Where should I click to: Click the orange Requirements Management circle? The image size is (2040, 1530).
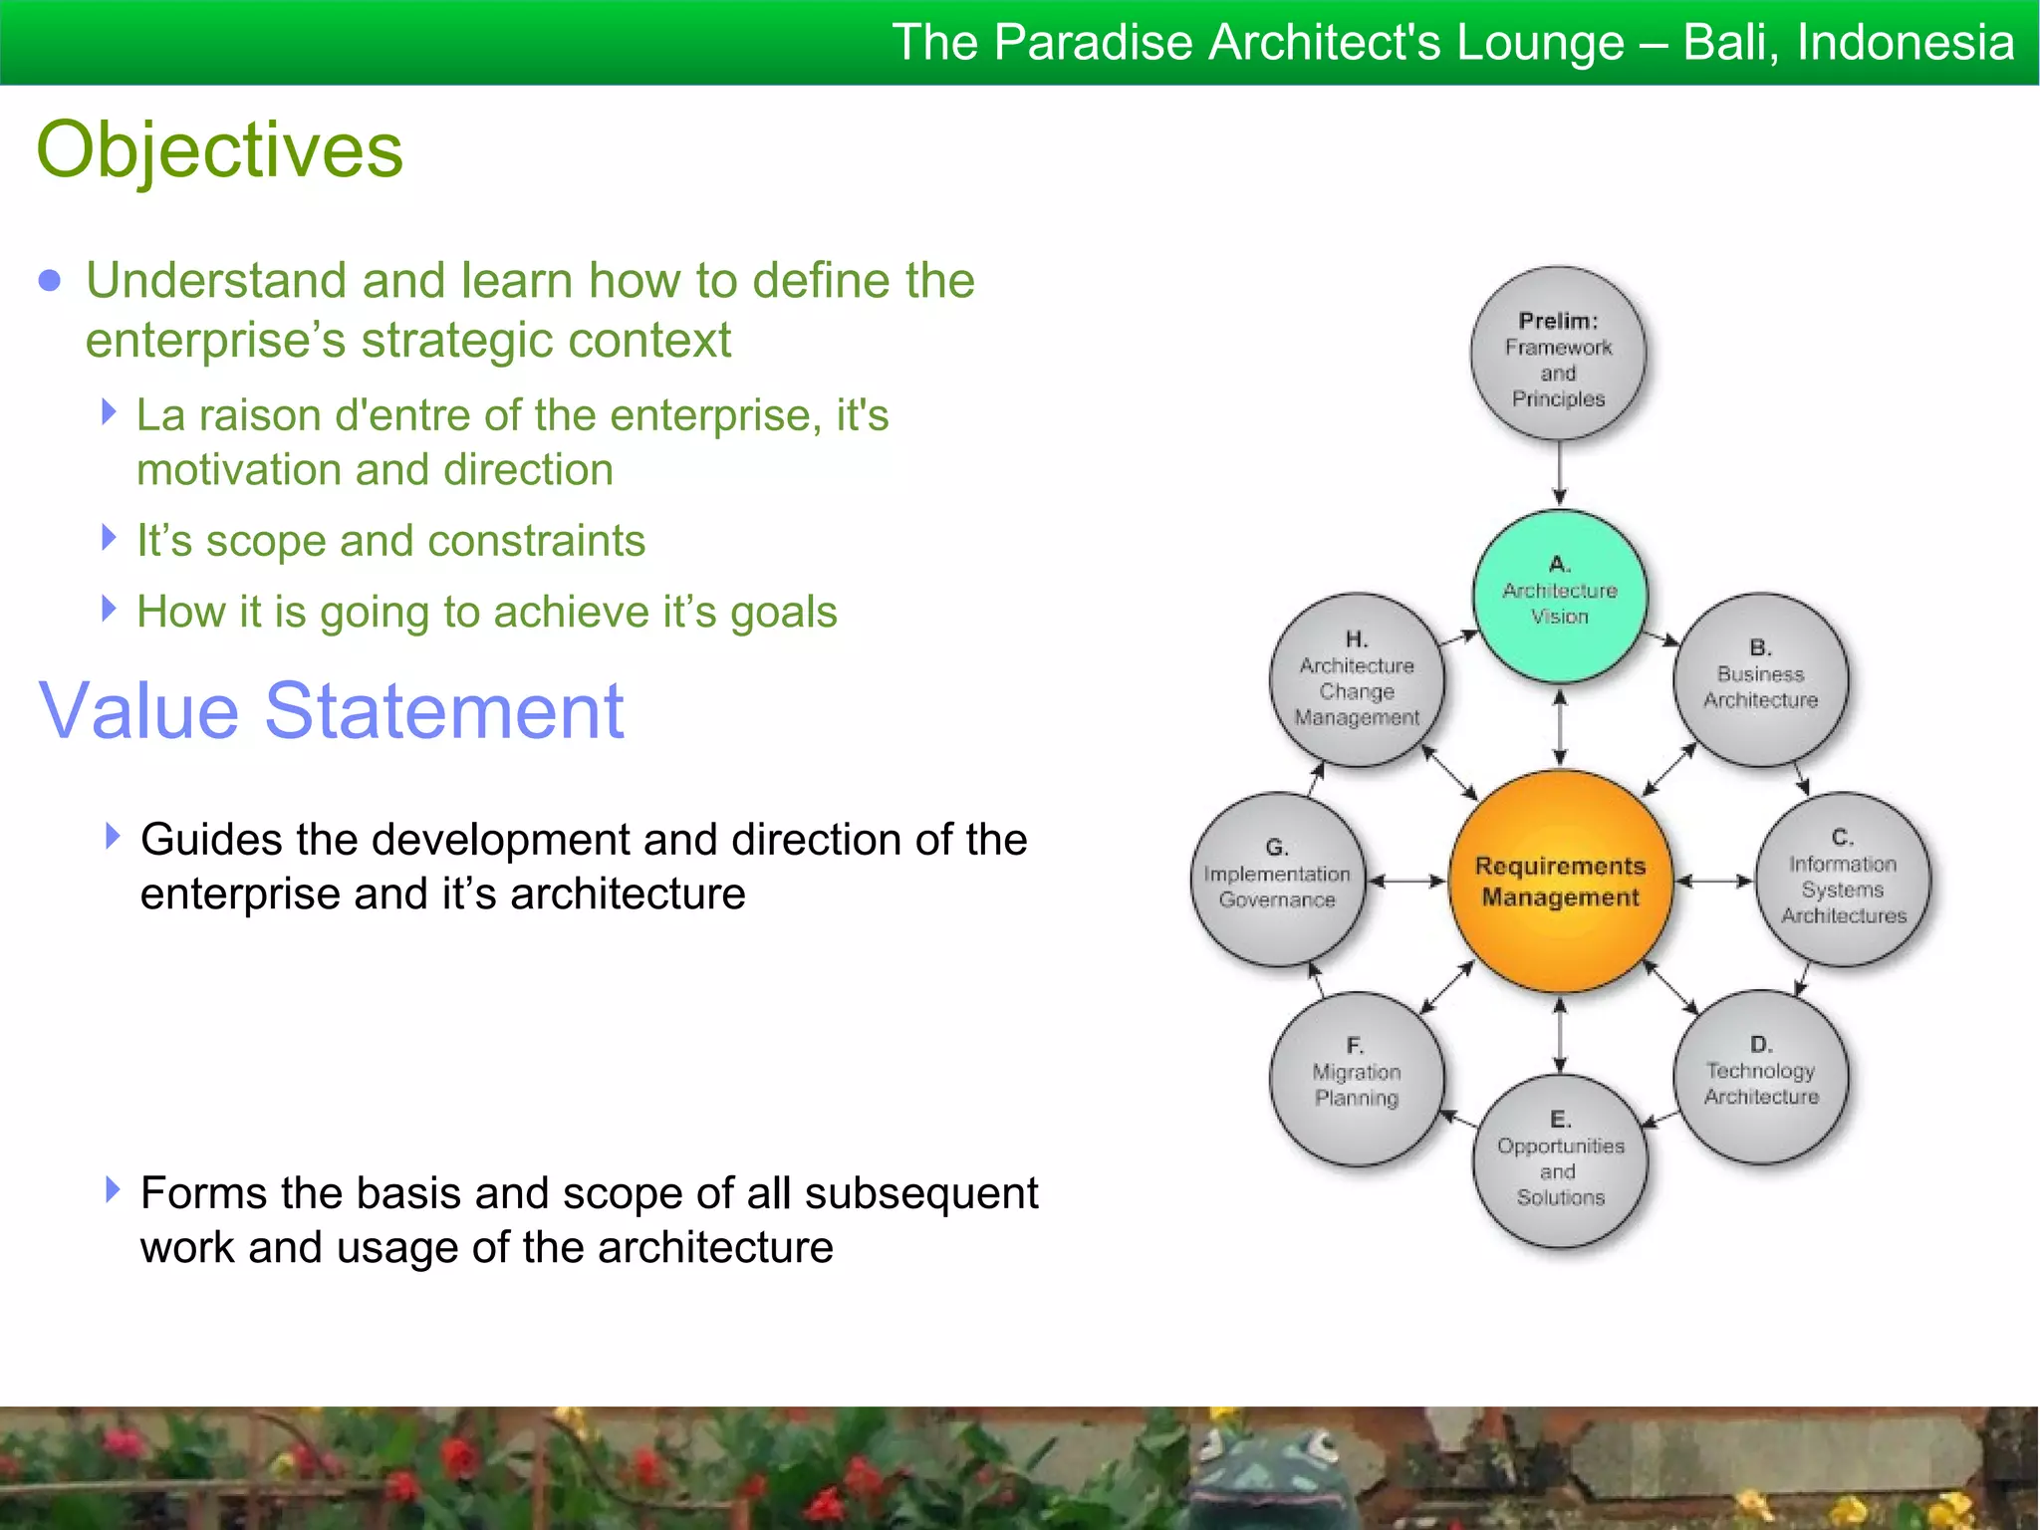pos(1560,881)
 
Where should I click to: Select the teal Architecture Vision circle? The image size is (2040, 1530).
pos(1560,595)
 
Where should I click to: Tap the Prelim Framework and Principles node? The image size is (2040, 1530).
pos(1559,355)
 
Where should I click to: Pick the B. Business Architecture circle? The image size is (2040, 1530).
pos(1760,680)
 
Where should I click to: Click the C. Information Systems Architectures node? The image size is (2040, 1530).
pos(1843,880)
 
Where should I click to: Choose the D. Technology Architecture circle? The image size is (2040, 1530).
pos(1760,1077)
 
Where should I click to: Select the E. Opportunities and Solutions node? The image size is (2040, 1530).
pos(1560,1161)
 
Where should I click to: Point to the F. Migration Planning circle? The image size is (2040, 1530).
pos(1357,1079)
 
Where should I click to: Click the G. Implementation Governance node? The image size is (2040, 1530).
pos(1277,880)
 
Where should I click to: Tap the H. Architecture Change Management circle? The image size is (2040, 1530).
pos(1357,680)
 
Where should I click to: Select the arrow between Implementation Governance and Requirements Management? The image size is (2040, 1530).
pos(1406,881)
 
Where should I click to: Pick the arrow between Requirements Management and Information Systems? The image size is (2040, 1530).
pos(1713,881)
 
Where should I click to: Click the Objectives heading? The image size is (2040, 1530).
pos(220,149)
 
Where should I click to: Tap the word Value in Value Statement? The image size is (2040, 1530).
pos(138,711)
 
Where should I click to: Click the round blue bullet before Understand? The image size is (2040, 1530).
pos(49,281)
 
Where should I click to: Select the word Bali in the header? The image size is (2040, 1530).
pos(1728,43)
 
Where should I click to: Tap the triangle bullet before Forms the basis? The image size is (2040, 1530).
pos(113,1189)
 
